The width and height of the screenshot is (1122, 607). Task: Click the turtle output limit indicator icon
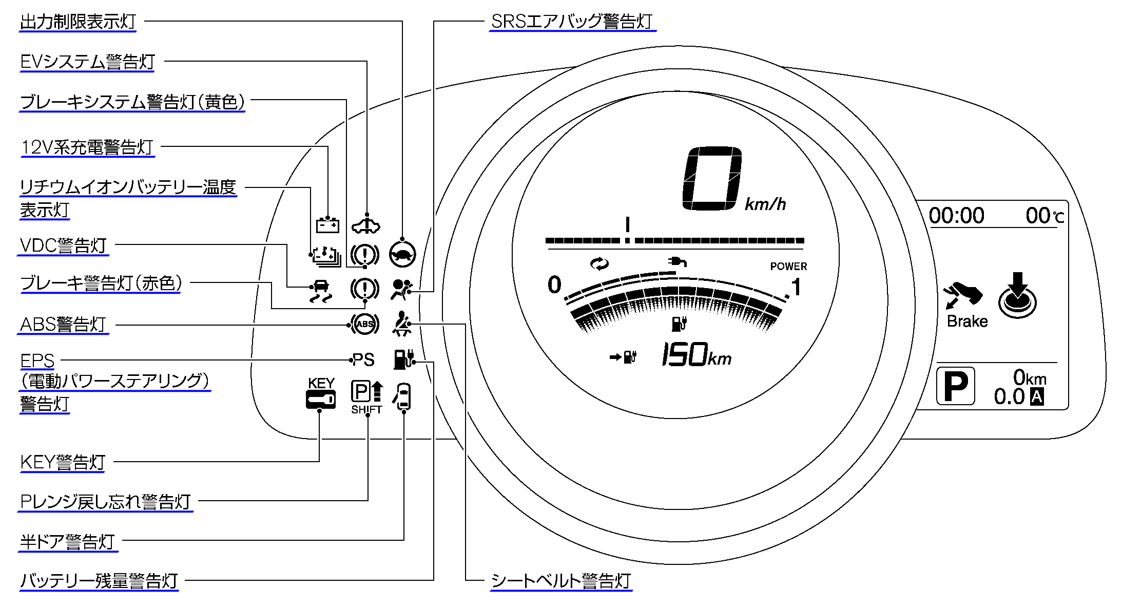(x=402, y=254)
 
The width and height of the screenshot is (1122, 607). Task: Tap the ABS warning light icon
(x=364, y=324)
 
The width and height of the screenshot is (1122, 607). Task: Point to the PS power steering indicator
(x=363, y=360)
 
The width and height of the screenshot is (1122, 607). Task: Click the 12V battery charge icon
(x=327, y=224)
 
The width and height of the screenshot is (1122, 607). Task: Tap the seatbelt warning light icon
(x=401, y=324)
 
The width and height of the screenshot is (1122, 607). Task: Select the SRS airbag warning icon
(x=401, y=289)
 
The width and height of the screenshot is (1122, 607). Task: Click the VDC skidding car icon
(x=321, y=291)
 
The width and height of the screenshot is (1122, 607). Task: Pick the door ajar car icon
(x=403, y=396)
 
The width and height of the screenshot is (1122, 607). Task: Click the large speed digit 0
(x=712, y=178)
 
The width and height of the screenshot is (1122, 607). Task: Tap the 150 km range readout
(x=695, y=355)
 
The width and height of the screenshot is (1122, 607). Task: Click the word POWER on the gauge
(x=788, y=266)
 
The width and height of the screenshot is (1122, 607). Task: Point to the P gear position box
(x=955, y=386)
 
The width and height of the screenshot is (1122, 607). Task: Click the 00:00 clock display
(x=956, y=215)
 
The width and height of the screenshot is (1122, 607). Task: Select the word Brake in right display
(x=967, y=321)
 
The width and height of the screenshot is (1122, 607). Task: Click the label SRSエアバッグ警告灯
(x=572, y=22)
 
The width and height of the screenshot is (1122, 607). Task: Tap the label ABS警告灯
(x=63, y=325)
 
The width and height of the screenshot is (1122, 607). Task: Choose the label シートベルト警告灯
(x=560, y=581)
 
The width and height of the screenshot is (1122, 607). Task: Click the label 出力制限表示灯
(x=78, y=22)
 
